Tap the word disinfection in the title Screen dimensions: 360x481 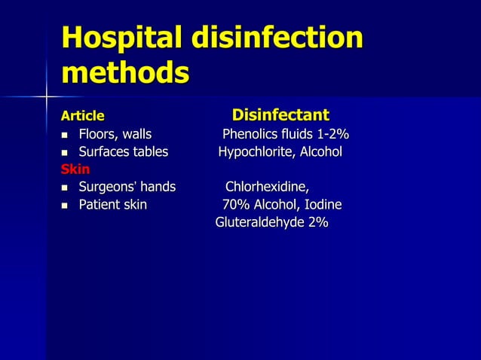coord(280,39)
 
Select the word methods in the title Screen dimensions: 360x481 coord(124,74)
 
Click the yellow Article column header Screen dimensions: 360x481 coord(83,116)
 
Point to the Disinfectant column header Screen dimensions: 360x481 coord(280,115)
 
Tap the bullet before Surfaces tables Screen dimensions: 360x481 coord(66,153)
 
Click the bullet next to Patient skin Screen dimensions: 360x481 coord(66,205)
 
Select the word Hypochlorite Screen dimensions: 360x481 coord(256,152)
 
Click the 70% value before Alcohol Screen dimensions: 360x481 coord(236,205)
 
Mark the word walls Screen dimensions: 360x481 coord(137,135)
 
